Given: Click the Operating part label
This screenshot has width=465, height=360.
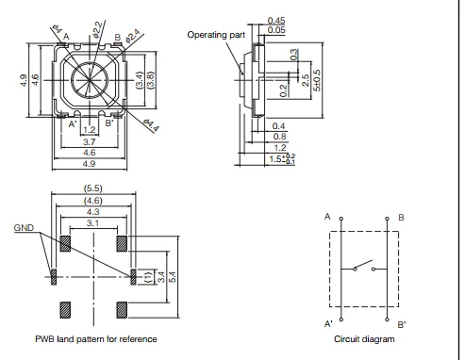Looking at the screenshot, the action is coord(216,35).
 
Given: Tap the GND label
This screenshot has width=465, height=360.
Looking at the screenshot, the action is coord(24,228).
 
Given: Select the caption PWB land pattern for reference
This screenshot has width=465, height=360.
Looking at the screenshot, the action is coord(96,339).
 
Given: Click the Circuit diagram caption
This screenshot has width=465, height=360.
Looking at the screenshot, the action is coord(364,339).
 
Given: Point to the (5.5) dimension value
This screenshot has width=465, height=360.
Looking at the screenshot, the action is coord(93,188).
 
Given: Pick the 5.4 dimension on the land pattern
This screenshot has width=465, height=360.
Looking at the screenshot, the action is coord(173,277).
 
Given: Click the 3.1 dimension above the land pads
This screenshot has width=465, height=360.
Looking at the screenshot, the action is coord(93,223).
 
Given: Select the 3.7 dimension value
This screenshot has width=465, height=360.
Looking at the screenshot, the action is coord(90,142).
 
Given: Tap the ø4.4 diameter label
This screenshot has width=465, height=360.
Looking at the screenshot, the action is coord(152,125).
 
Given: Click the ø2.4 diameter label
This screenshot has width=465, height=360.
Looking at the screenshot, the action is coord(134,36).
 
